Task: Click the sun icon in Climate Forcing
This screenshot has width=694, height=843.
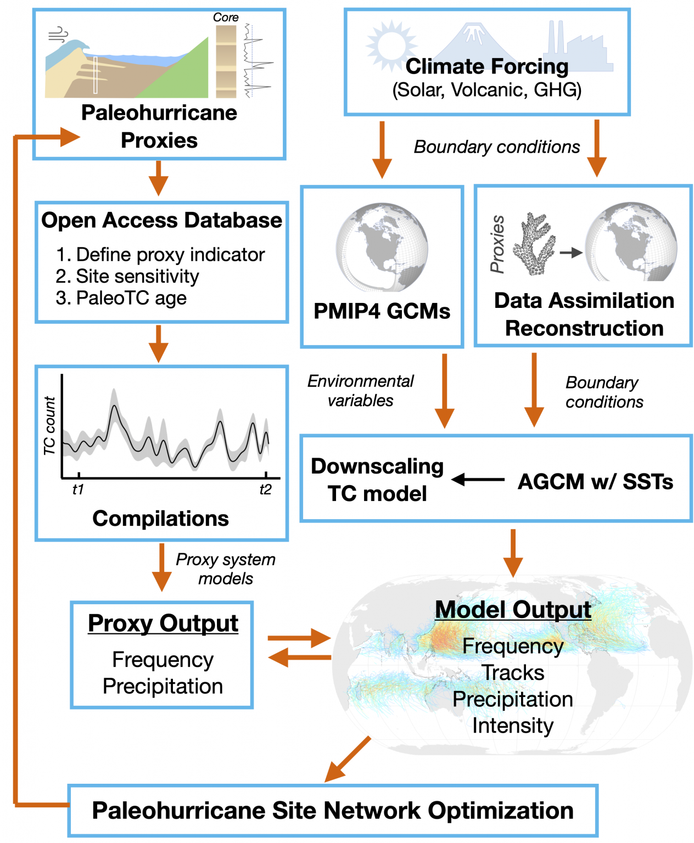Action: [390, 46]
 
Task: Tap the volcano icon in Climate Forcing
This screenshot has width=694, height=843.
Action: [473, 41]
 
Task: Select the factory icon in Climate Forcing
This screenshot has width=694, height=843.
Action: [579, 48]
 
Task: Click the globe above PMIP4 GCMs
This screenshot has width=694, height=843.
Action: [382, 248]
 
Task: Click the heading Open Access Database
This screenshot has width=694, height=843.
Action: [161, 221]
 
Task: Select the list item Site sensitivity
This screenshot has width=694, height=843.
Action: [137, 276]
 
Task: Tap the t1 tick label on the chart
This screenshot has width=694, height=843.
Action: [78, 489]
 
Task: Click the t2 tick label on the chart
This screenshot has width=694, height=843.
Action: [265, 489]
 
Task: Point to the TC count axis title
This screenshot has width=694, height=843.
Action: [50, 425]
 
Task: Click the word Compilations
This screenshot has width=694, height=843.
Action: [160, 519]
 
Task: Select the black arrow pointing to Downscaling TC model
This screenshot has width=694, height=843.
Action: [478, 480]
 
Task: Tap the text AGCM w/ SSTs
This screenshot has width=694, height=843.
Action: [595, 482]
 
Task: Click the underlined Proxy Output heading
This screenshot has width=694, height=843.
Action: [163, 623]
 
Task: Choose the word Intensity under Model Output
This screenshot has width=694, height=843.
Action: [513, 726]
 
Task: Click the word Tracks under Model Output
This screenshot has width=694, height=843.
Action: [513, 673]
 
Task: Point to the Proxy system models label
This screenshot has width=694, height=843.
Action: [226, 569]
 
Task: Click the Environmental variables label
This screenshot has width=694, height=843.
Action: [360, 391]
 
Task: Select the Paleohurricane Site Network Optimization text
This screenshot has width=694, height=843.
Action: [333, 811]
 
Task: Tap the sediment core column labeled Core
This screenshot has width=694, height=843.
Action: [226, 61]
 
